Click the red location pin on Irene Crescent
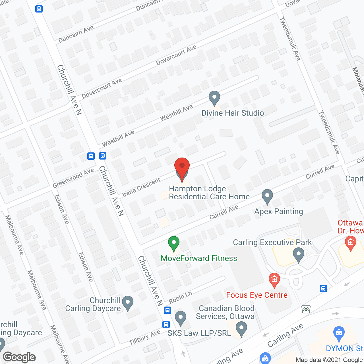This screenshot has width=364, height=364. [x=182, y=168]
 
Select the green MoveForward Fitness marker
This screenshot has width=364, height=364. [x=173, y=243]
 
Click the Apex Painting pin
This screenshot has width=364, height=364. [x=267, y=196]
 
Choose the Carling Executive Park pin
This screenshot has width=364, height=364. [x=298, y=255]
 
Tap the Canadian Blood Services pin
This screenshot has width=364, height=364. [x=241, y=328]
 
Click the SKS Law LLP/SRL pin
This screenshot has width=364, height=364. [x=181, y=318]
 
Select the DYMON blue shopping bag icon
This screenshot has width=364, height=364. [x=339, y=333]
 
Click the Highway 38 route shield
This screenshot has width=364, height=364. [x=306, y=309]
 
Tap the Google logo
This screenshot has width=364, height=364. [x=19, y=357]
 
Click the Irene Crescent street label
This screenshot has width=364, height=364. [x=141, y=187]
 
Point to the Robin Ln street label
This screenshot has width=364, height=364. [x=180, y=297]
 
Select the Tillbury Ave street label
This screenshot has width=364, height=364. [x=144, y=338]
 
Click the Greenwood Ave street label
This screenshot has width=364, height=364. [x=73, y=178]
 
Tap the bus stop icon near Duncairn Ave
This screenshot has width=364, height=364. [x=39, y=9]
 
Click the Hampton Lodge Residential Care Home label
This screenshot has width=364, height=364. [x=209, y=193]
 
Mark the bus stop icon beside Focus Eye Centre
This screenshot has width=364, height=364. [x=323, y=289]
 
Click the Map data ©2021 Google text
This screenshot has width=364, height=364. [x=329, y=360]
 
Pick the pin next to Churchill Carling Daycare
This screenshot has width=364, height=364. [x=128, y=303]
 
